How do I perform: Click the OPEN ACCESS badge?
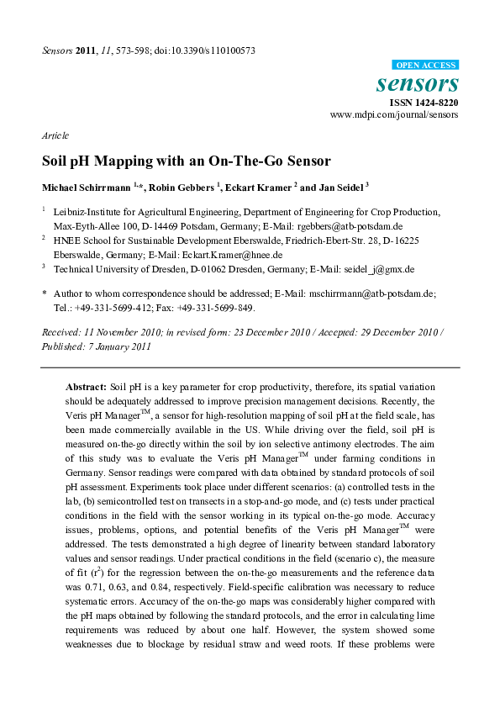coord(426,65)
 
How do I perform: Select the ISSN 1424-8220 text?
coord(423,102)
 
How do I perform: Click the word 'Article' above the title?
coord(55,135)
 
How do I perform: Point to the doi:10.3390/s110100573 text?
coord(210,50)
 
